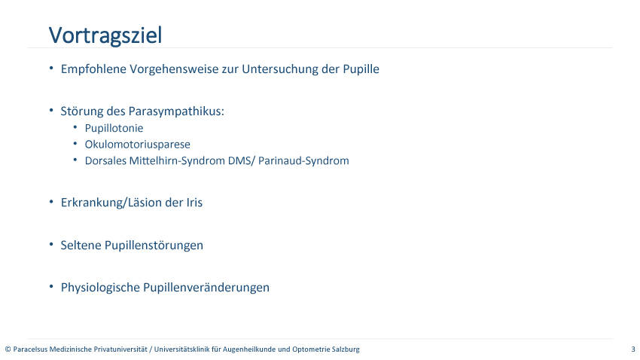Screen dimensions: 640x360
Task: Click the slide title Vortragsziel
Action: (x=105, y=35)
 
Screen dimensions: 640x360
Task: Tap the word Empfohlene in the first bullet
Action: (x=93, y=69)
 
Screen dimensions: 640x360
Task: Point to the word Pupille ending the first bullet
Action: (x=361, y=69)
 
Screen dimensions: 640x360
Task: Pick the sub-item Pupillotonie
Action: (x=114, y=128)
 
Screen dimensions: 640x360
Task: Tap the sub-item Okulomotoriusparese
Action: (x=138, y=145)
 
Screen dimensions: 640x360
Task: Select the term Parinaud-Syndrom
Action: (x=303, y=161)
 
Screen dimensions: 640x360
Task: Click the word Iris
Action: (x=194, y=203)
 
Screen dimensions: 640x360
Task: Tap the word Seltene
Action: (x=81, y=246)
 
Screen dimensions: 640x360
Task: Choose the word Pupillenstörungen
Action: (x=154, y=246)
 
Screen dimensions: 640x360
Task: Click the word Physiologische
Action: (x=100, y=288)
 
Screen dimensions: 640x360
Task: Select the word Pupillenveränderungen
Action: (x=206, y=288)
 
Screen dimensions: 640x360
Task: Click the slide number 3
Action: (x=633, y=349)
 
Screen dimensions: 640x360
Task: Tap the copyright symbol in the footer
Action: (x=8, y=349)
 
